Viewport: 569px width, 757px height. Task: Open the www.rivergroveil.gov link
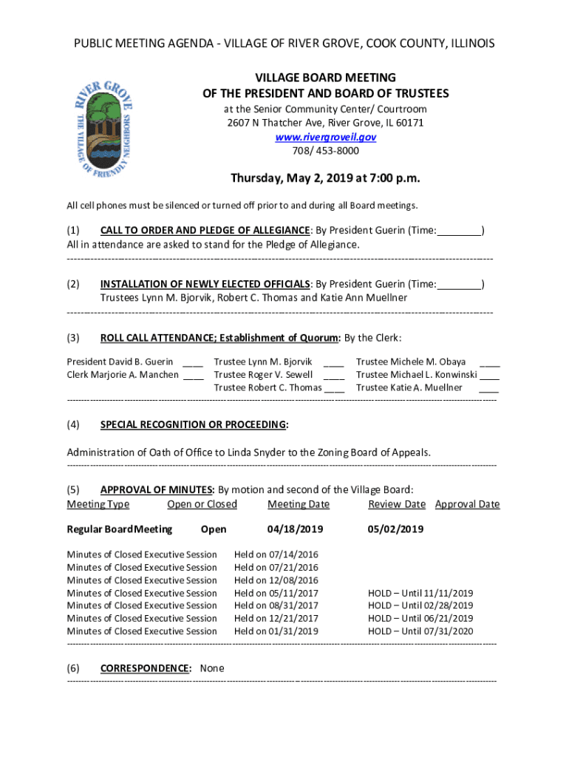coord(325,137)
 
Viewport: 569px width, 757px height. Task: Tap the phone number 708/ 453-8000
coord(325,151)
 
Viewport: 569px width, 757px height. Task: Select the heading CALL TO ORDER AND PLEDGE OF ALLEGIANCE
coord(205,230)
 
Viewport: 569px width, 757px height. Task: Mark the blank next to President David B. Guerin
coord(193,362)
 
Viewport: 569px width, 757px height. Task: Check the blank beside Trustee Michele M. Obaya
coord(489,362)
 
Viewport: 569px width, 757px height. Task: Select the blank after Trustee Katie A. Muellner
coord(488,387)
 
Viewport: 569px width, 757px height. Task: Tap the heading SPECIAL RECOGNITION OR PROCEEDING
coord(193,424)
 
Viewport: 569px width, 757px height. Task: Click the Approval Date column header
coord(467,504)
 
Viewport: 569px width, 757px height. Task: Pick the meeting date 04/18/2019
coord(296,529)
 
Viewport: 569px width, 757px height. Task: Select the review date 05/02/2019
coord(395,529)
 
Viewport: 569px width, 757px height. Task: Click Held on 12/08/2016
coord(276,580)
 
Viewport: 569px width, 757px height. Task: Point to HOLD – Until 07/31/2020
coord(420,631)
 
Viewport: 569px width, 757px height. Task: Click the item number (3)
coord(73,338)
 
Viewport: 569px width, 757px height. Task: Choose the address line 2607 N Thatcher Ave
coord(325,123)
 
